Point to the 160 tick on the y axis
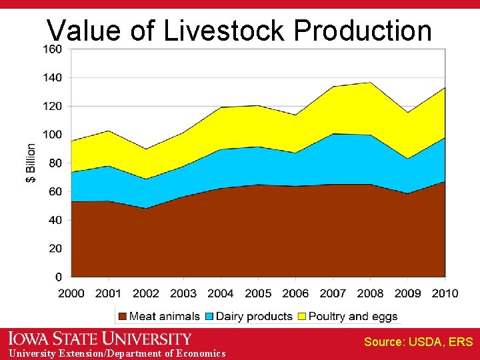(53, 49)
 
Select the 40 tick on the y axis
(55, 220)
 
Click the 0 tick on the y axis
(59, 277)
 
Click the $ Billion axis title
(31, 163)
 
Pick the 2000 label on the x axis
(71, 293)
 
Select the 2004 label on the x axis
(221, 293)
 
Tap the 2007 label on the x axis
(333, 293)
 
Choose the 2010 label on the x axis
(445, 293)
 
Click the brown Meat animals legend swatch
(122, 316)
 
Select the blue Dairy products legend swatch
(210, 316)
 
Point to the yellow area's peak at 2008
(370, 83)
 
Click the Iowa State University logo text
(100, 339)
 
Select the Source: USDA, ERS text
(418, 342)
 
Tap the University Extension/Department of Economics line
(113, 353)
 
